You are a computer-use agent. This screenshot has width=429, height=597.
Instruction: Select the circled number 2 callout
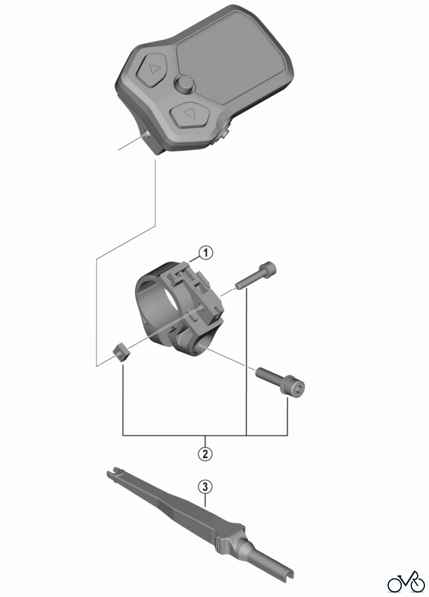click(205, 453)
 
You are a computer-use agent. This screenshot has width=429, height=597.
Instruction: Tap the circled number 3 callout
click(205, 487)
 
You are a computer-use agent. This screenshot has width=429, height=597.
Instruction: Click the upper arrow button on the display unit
click(152, 70)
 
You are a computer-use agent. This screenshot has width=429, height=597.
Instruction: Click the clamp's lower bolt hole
click(201, 346)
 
